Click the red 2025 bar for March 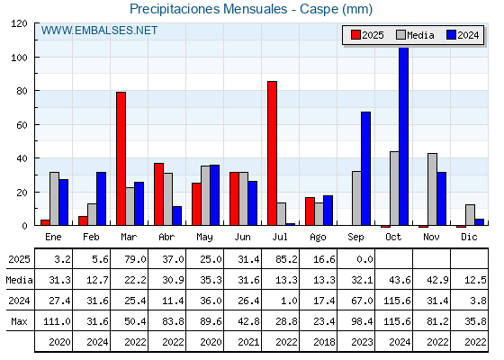coord(121,158)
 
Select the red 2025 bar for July coord(272,153)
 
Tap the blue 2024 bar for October coord(404,136)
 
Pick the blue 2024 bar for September coord(365,168)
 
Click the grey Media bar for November coord(432,189)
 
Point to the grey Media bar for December coord(470,215)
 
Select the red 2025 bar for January coord(45,222)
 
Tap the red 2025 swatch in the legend coord(355,35)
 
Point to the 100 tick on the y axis coord(35,58)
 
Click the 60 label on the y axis coord(22,125)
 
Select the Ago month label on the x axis coord(318,238)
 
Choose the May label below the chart coord(204,238)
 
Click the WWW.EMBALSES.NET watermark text coord(99,31)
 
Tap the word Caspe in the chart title coord(319,9)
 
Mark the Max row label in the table coord(19,321)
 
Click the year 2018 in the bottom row coord(324,342)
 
